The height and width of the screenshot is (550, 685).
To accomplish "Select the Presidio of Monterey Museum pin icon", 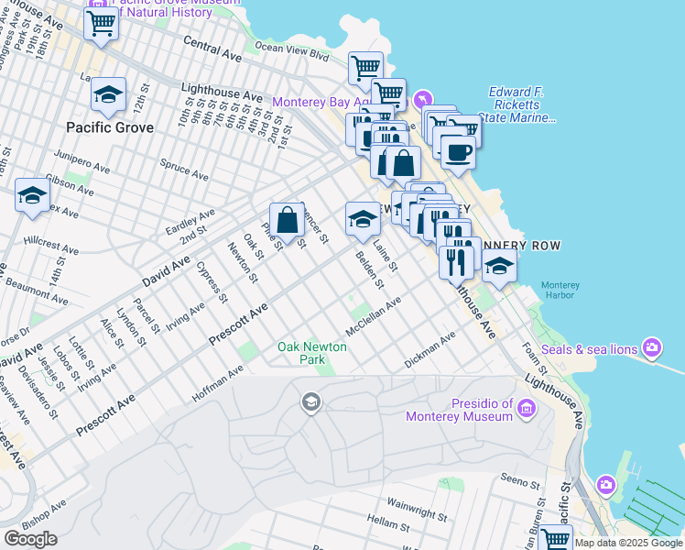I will point(527,408).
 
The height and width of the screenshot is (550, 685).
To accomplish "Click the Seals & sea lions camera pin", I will point(652,346).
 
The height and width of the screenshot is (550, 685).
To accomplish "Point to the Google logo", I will point(30,539).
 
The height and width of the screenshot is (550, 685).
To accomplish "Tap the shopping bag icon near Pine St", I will point(288,220).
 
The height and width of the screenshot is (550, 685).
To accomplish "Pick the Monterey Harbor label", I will point(558,290).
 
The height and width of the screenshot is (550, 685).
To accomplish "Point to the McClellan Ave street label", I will point(374,316).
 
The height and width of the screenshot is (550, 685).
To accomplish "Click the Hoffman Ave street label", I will point(217,384).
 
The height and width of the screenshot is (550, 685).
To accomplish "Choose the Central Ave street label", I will point(212,49).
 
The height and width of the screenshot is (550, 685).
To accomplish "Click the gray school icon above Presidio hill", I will point(310,401).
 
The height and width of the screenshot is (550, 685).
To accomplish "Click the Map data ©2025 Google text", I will point(629,543).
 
